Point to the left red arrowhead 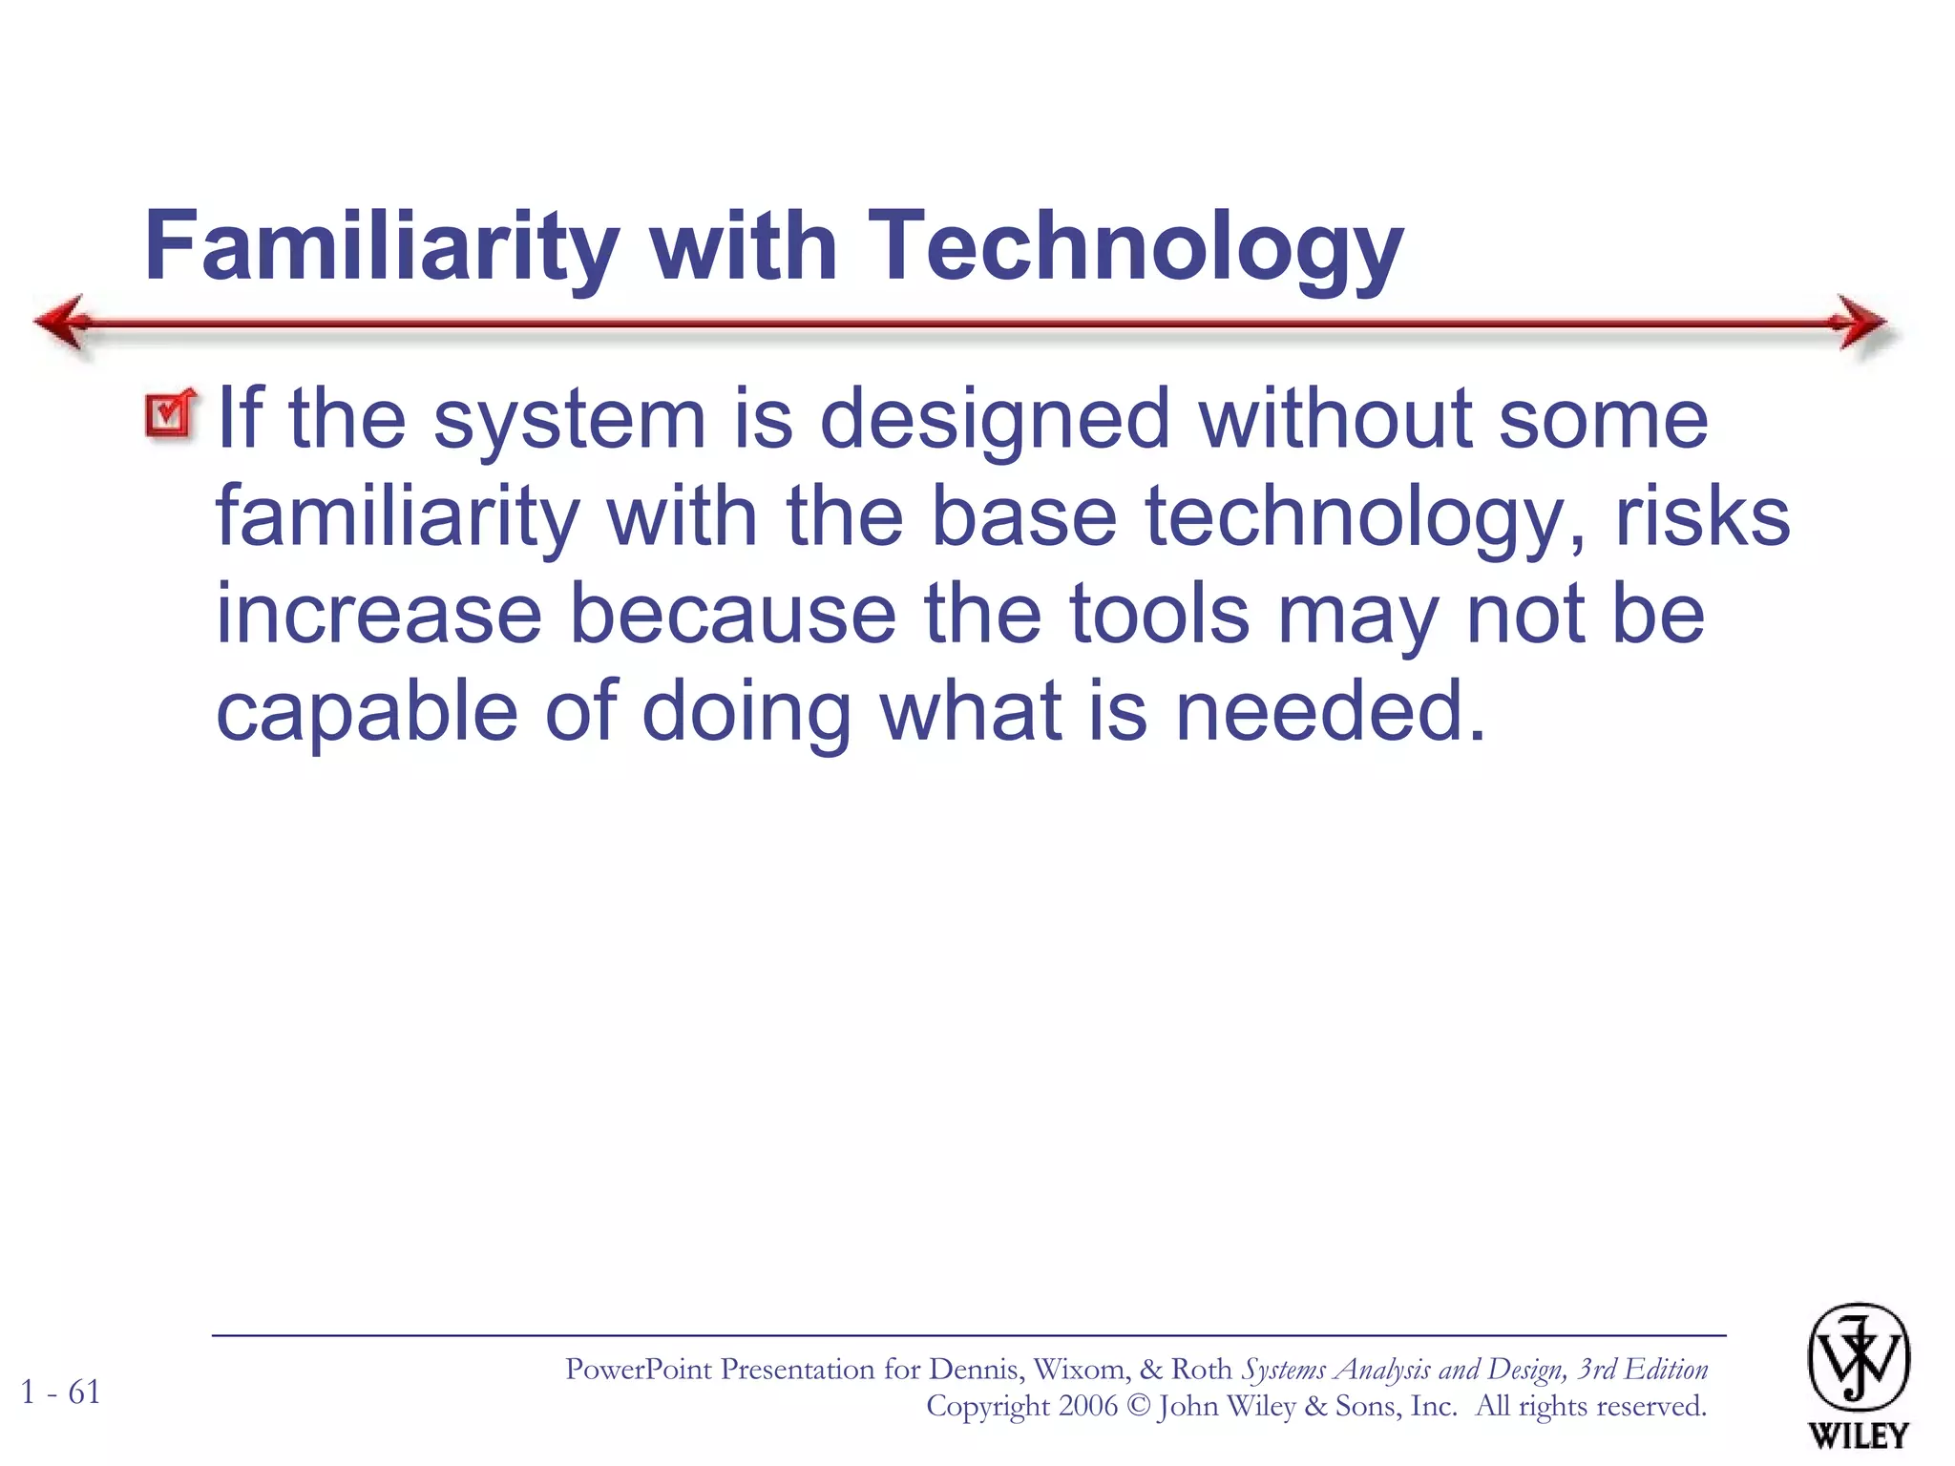tap(63, 323)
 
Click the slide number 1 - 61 tap(61, 1393)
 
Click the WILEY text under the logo tap(1858, 1435)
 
